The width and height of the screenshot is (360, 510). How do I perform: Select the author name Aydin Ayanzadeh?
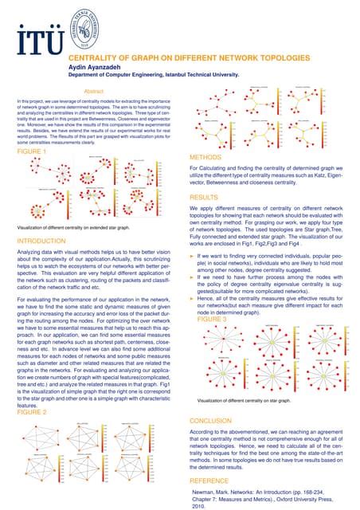[x=95, y=69]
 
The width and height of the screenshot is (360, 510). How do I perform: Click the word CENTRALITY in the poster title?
[x=92, y=59]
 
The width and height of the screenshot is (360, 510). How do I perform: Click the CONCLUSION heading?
[x=214, y=418]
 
